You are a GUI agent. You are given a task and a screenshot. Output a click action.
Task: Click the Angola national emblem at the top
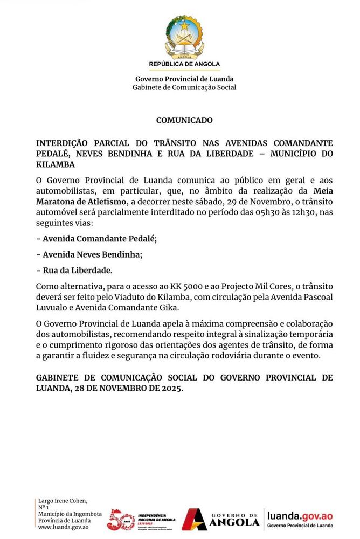[x=184, y=37]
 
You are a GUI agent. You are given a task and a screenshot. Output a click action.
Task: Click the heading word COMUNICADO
[x=184, y=120]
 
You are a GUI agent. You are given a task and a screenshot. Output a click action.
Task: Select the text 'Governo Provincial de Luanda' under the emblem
[x=184, y=79]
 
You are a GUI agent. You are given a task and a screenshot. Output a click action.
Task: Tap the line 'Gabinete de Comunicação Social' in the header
[x=184, y=87]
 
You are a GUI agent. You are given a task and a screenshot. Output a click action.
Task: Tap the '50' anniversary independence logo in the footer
[x=120, y=519]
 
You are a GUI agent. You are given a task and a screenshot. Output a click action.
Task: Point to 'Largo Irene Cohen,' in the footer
[x=63, y=501]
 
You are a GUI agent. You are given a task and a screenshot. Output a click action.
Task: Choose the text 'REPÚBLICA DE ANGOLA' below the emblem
[x=184, y=64]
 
